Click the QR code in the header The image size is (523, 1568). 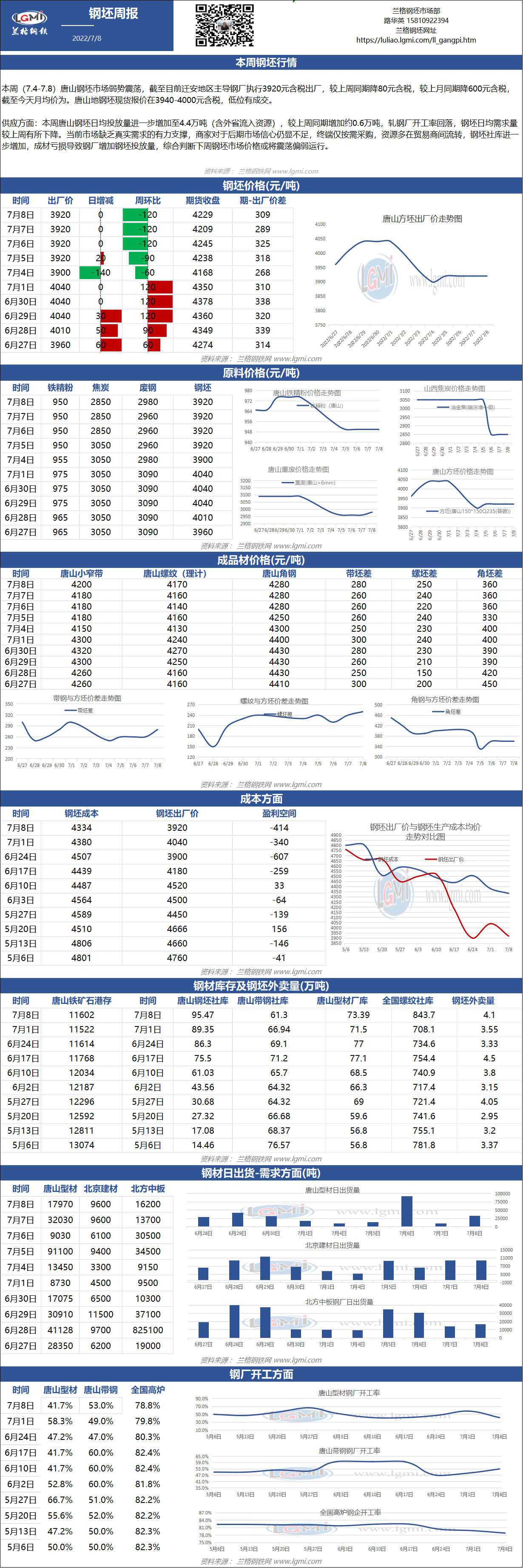pos(224,25)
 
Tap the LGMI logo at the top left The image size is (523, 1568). pos(29,22)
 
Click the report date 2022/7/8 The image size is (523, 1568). pos(87,38)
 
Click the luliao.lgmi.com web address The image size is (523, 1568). pos(416,40)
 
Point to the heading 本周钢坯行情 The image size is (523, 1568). pos(261,63)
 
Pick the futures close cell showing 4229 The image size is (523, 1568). pos(202,215)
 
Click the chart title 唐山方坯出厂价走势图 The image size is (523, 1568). pos(422,219)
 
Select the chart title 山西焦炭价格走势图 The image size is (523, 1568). pos(454,388)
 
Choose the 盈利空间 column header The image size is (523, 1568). pos(279,813)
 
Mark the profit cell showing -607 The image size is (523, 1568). pos(279,856)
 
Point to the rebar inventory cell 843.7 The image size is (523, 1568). pos(424,1015)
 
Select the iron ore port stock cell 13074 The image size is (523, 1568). pos(82,1145)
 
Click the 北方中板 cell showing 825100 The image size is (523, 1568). pos(148,1331)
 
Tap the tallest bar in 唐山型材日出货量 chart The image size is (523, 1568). pos(407,1211)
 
